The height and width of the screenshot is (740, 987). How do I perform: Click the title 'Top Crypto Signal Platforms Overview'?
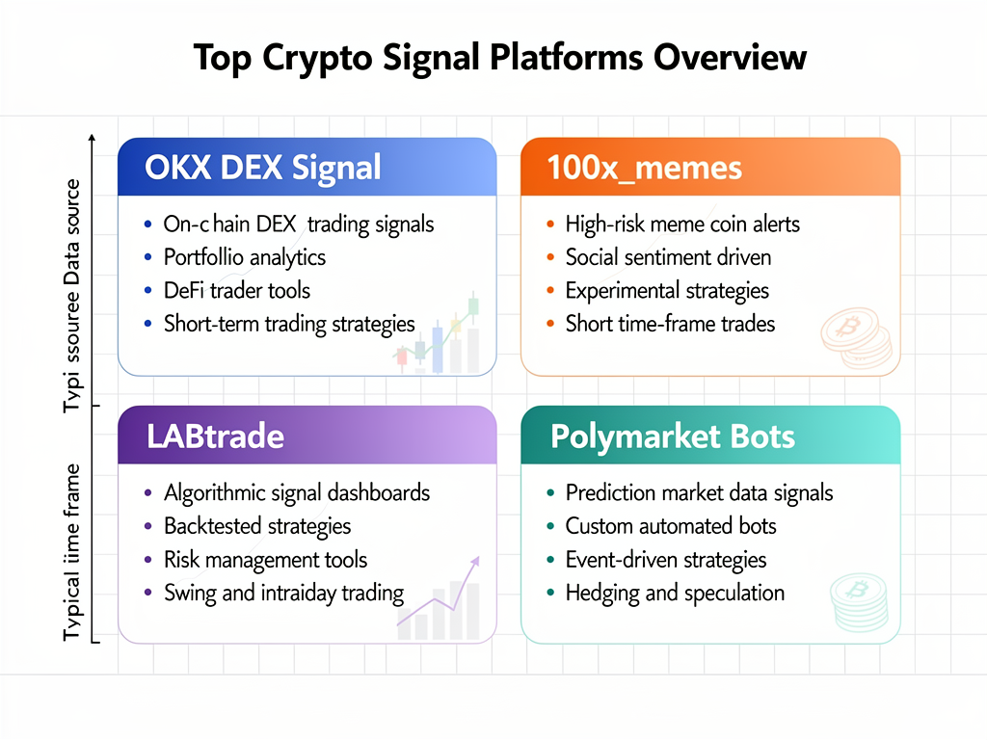[x=499, y=57]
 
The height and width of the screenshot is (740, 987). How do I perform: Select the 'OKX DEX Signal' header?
[x=262, y=169]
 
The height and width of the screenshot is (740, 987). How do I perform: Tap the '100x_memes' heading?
[x=644, y=169]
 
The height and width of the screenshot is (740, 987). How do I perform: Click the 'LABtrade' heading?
[x=215, y=436]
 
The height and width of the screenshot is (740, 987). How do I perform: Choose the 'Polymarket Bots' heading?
[x=672, y=436]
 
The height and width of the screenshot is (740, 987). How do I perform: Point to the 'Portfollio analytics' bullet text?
[x=244, y=257]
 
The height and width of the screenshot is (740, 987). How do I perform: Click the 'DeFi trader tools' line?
[x=236, y=290]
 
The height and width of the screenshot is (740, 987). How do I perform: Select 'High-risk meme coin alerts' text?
[x=682, y=225]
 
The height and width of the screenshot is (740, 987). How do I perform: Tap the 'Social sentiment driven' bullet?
[x=668, y=257]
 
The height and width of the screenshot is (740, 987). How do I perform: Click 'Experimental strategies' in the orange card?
[x=667, y=290]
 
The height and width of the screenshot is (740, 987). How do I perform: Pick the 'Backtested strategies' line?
[x=257, y=526]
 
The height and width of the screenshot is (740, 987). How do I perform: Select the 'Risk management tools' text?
[x=265, y=559]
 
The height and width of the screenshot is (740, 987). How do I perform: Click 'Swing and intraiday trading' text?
[x=283, y=593]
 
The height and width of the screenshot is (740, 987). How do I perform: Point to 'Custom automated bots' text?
[x=671, y=526]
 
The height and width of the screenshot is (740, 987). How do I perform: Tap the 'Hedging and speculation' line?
[x=675, y=593]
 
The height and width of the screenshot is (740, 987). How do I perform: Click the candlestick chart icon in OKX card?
[x=439, y=337]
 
